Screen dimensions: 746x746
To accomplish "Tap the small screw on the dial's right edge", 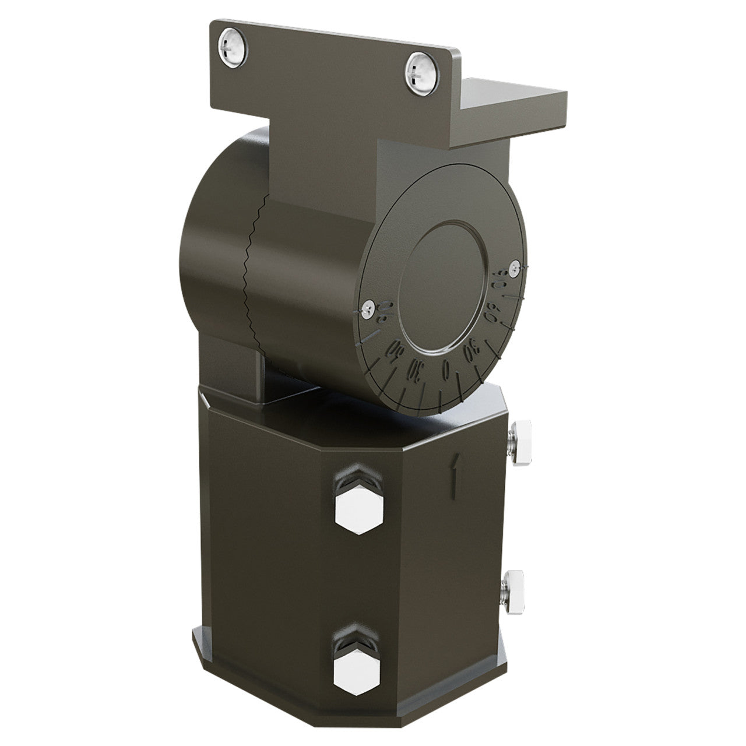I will pyautogui.click(x=513, y=267).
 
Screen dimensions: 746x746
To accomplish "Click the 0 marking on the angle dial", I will pyautogui.click(x=446, y=368).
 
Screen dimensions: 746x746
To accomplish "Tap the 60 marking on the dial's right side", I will pyautogui.click(x=491, y=318).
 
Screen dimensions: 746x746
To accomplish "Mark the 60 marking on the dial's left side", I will pyautogui.click(x=396, y=350).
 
